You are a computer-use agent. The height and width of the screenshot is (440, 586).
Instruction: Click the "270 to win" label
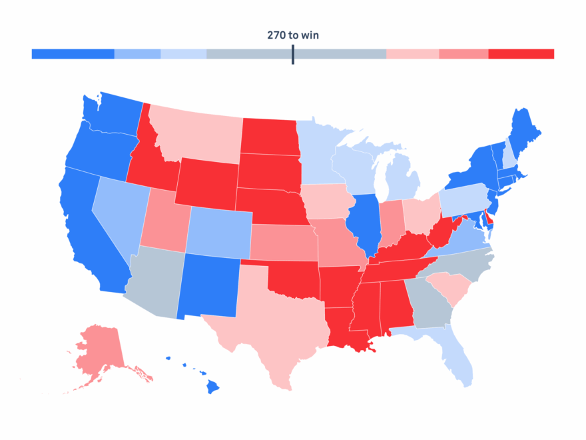(292, 35)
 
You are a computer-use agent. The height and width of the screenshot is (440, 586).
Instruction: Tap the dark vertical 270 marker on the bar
(292, 55)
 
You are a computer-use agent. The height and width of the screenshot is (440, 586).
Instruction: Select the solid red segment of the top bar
(521, 54)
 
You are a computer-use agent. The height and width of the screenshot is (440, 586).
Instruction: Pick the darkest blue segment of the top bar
(73, 54)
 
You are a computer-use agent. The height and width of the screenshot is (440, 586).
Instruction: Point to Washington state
(113, 113)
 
